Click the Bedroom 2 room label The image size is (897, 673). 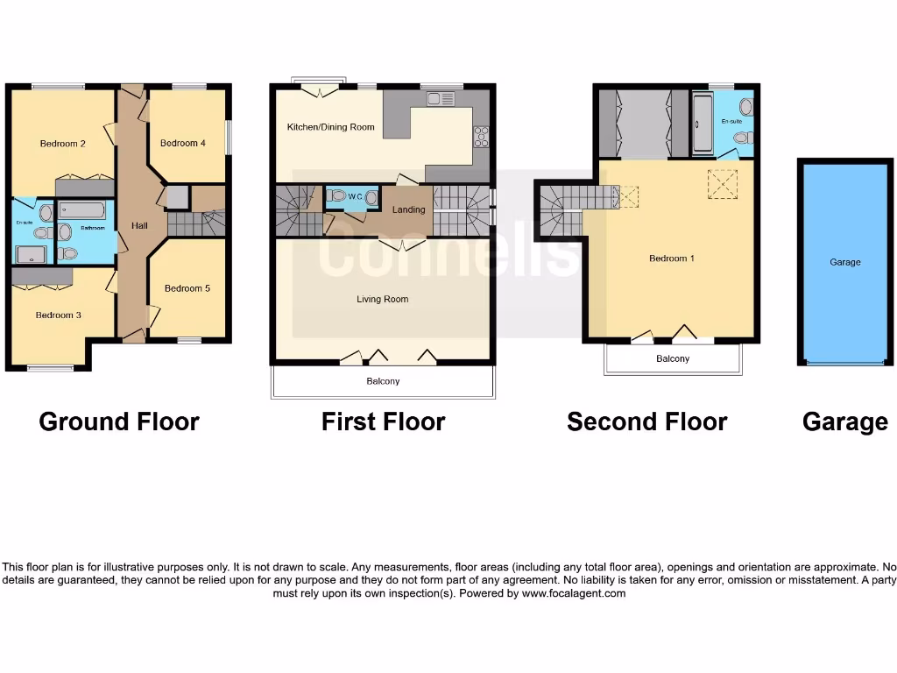click(x=62, y=144)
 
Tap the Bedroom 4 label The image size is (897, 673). click(x=183, y=143)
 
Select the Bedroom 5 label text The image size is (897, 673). click(x=187, y=288)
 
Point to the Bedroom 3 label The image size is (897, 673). click(x=58, y=315)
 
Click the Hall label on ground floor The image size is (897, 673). click(x=139, y=225)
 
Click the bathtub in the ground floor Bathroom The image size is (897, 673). click(x=84, y=211)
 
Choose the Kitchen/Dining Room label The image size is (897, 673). click(x=330, y=127)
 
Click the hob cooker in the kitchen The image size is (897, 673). click(x=481, y=136)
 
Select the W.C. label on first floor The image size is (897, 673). click(x=356, y=197)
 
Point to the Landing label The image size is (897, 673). click(x=408, y=209)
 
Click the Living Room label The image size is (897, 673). click(x=382, y=299)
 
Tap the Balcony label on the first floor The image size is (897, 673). click(x=383, y=381)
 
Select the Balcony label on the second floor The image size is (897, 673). click(x=673, y=358)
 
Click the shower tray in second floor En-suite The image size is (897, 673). click(x=703, y=123)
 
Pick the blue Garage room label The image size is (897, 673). click(x=845, y=262)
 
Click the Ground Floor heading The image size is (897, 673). click(x=119, y=422)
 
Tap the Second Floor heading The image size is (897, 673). click(x=646, y=422)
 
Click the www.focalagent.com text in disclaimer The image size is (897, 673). click(x=574, y=593)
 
